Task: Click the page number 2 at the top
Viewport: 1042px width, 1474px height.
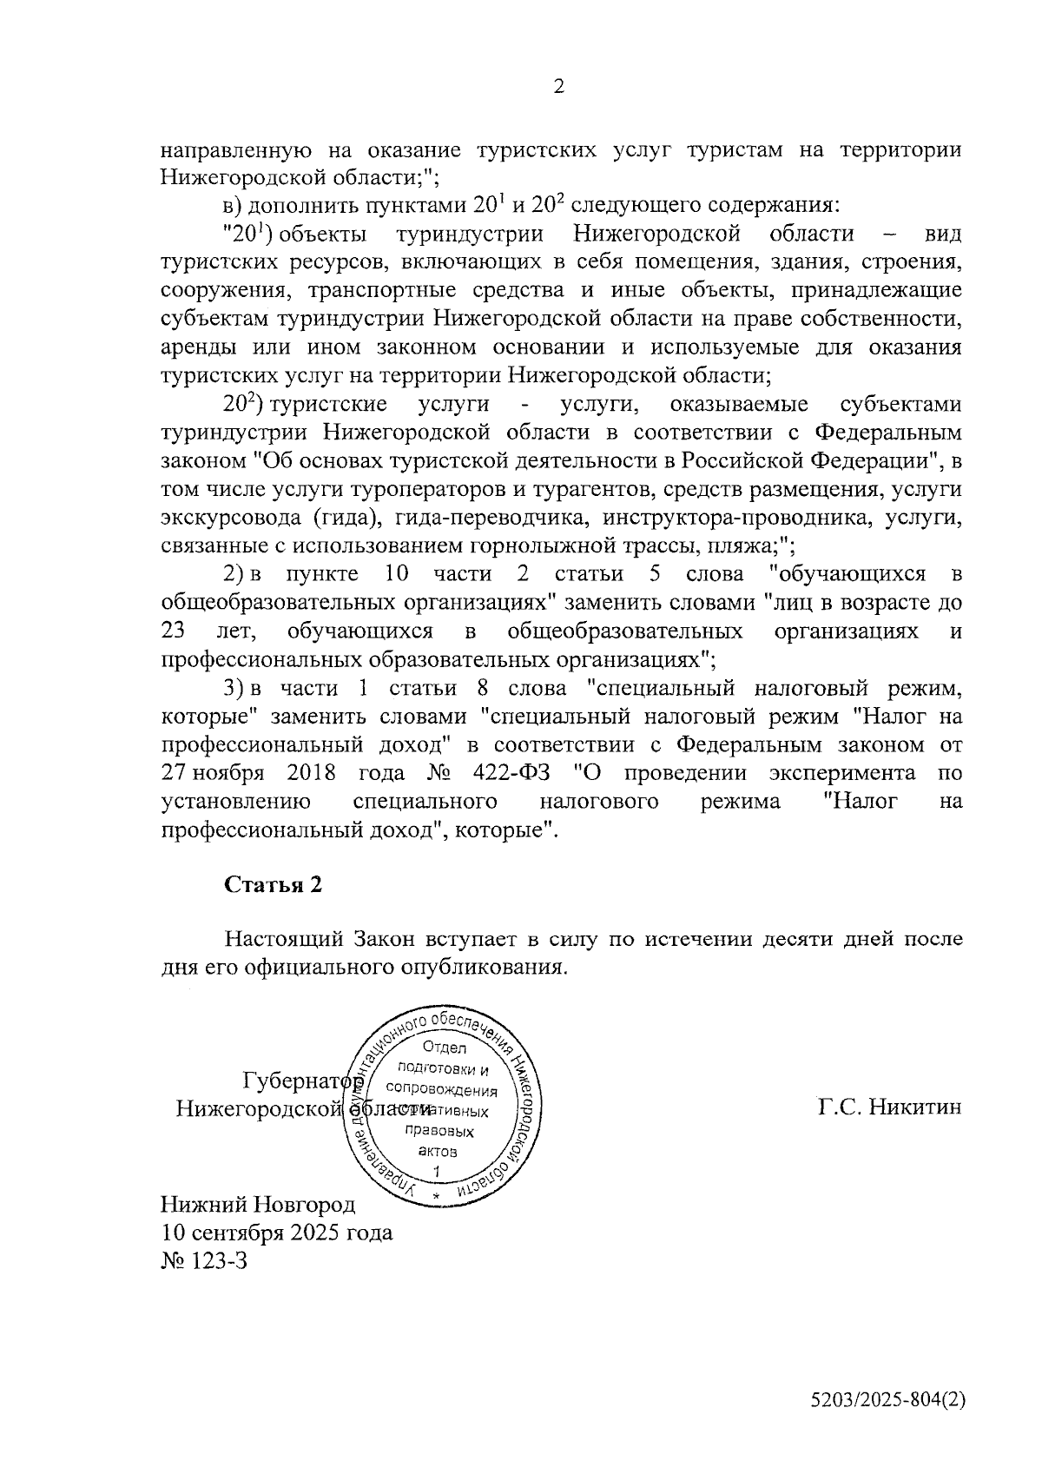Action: (x=558, y=86)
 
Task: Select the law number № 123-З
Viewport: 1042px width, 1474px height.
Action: (x=205, y=1260)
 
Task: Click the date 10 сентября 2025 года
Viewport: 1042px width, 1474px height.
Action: (x=277, y=1233)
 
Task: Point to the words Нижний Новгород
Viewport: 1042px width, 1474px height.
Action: (x=258, y=1205)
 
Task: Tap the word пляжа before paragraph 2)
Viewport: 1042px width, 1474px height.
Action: (x=744, y=547)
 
